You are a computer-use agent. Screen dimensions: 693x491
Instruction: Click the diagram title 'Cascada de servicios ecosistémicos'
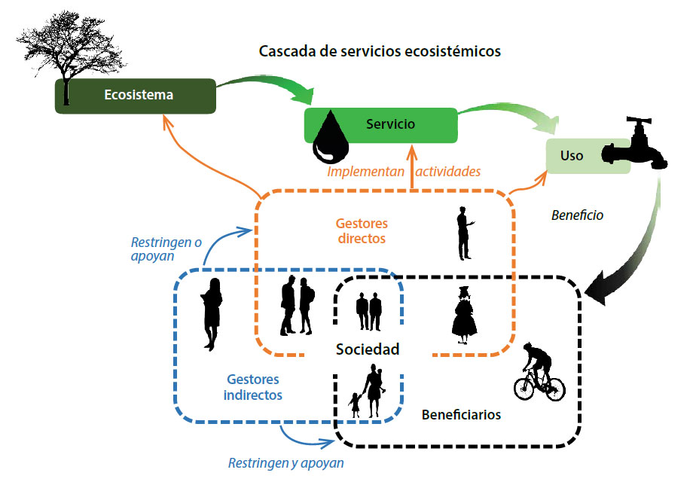(x=380, y=51)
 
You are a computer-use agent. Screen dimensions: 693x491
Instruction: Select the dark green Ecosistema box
(x=136, y=96)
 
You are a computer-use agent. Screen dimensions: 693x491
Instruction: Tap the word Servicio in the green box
(x=390, y=124)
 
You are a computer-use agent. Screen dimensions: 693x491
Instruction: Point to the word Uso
(x=572, y=156)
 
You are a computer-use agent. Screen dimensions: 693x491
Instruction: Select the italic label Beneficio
(x=577, y=215)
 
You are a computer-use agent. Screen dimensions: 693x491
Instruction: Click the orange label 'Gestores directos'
(x=362, y=230)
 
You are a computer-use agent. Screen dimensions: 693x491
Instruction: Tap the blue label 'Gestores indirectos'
(x=253, y=387)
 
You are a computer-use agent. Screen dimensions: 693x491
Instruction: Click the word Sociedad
(x=368, y=349)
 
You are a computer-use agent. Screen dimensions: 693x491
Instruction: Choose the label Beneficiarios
(x=461, y=414)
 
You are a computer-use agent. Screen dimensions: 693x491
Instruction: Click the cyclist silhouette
(x=539, y=372)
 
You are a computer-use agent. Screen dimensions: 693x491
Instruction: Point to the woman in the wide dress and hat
(x=464, y=315)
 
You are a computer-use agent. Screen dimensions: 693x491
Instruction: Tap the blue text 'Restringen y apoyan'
(x=285, y=463)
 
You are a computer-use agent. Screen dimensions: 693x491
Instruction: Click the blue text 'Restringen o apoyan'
(x=166, y=249)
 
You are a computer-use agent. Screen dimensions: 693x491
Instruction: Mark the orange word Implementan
(x=365, y=172)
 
